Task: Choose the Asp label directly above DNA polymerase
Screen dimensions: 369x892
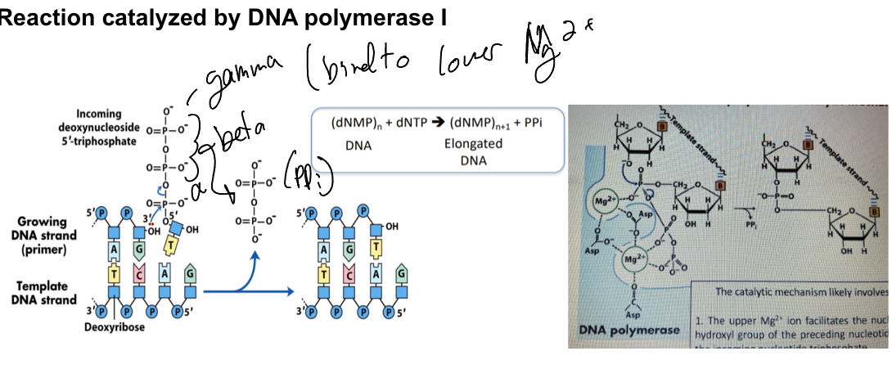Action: (633, 314)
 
